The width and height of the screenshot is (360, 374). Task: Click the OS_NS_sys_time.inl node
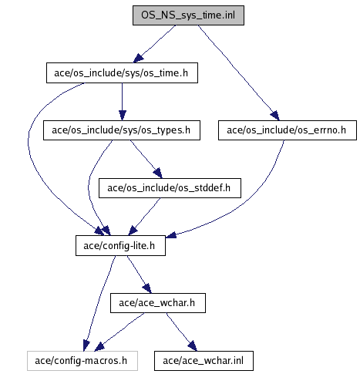coord(188,15)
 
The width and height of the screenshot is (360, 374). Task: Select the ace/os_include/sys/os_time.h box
coord(122,72)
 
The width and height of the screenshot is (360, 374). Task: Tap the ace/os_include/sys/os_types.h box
coord(122,130)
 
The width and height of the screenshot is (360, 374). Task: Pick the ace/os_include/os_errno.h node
coord(288,130)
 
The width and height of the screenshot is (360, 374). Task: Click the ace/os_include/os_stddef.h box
coord(170,188)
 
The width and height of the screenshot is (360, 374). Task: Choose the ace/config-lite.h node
coord(120,245)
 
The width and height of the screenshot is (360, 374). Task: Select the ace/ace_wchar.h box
coord(158,303)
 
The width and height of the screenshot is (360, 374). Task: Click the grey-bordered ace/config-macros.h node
coord(82,361)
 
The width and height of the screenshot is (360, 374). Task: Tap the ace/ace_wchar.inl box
coord(204,361)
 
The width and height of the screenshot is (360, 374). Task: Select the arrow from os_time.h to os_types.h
coord(123,102)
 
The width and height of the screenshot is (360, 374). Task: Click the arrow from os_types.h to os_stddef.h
coord(146,159)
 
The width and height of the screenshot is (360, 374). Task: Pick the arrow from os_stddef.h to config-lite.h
coord(144,217)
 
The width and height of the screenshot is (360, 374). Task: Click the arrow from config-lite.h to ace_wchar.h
coord(139,274)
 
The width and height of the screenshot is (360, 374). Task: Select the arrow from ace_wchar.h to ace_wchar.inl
coord(181,332)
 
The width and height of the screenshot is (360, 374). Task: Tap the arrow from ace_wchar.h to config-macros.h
coord(119,332)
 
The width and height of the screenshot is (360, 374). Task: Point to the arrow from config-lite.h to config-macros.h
coord(99,303)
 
